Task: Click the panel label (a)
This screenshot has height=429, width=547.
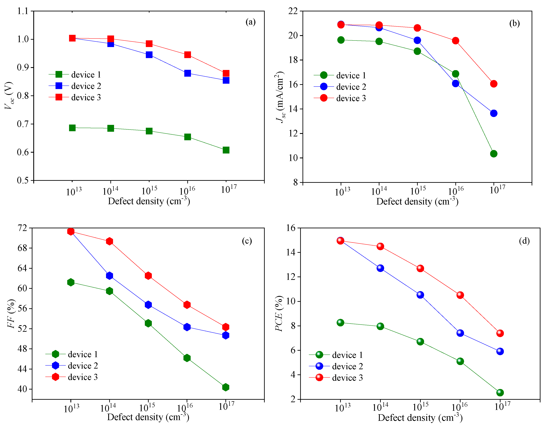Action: click(x=250, y=22)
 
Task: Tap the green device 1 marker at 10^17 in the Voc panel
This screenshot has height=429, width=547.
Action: click(x=226, y=150)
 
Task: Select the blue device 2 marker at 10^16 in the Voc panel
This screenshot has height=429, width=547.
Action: click(x=187, y=73)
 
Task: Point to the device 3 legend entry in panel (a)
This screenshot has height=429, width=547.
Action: click(x=75, y=97)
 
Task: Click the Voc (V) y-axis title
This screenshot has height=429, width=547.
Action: click(x=9, y=95)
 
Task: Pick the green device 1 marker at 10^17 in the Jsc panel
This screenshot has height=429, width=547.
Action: click(x=493, y=154)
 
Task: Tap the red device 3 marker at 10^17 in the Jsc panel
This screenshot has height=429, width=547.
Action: click(x=493, y=84)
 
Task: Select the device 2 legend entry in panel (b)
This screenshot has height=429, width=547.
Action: click(x=340, y=87)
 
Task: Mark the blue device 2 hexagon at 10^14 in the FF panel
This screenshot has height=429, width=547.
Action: click(x=109, y=276)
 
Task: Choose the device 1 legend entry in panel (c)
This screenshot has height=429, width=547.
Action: click(x=72, y=354)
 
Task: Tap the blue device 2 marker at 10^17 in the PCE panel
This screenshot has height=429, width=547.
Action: click(x=500, y=351)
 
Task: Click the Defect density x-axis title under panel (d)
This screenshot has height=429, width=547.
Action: click(x=420, y=418)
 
